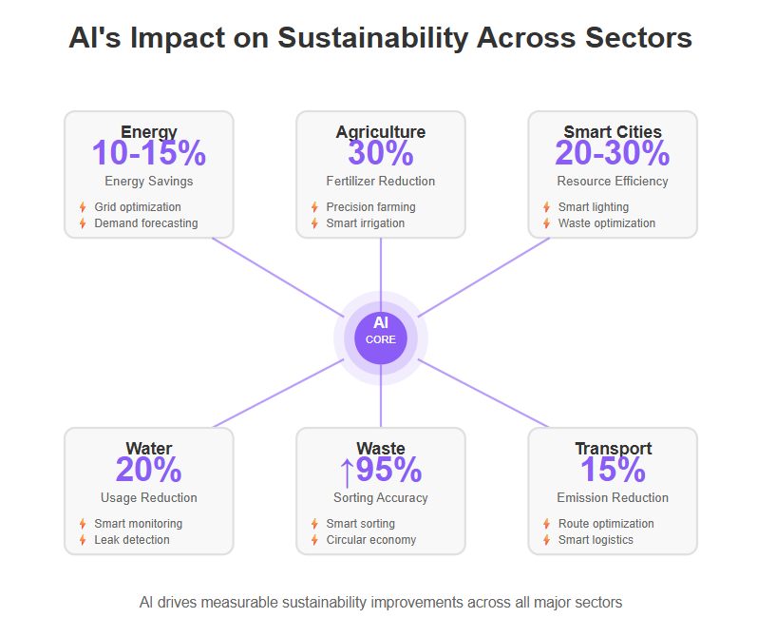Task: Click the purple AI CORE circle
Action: coord(381,338)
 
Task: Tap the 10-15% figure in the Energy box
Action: coord(149,152)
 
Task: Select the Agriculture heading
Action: coord(381,131)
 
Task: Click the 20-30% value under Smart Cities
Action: coord(613,152)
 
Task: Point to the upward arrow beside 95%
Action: coord(347,473)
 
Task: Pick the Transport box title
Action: coord(614,448)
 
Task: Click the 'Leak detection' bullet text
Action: coord(132,539)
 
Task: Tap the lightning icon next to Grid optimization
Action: coord(83,207)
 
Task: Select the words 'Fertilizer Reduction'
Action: coord(381,181)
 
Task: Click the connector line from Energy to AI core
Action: coord(278,278)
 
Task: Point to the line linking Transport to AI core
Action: coord(483,394)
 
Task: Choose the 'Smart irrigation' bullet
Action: coord(366,222)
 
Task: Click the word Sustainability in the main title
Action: coord(372,38)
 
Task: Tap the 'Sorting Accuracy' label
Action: coord(381,497)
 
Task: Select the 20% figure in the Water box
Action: coord(149,469)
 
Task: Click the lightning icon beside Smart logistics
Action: coord(546,540)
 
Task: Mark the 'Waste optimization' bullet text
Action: coord(607,222)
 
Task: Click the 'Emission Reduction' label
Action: coord(613,497)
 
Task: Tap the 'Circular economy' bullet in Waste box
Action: coord(371,539)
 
